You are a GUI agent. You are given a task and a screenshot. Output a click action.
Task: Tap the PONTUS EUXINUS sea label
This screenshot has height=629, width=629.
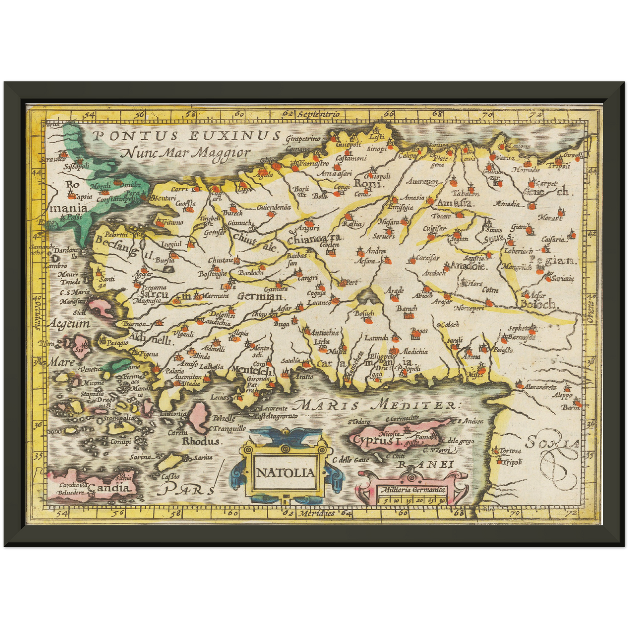tap(186, 136)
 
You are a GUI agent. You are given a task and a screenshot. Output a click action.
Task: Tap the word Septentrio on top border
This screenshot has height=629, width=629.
tap(319, 114)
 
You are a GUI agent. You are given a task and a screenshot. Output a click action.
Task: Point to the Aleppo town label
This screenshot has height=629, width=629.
tap(562, 396)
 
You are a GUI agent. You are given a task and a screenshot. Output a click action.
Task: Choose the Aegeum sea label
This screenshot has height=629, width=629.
tap(70, 324)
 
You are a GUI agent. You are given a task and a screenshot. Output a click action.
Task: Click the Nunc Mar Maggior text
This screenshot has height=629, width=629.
tap(186, 153)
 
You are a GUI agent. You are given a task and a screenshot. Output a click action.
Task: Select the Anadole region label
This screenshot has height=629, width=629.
tap(468, 266)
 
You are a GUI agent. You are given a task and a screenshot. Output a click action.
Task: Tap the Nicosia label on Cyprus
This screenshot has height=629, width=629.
tap(389, 434)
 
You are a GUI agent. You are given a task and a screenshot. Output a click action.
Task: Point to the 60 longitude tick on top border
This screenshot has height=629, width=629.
tap(239, 114)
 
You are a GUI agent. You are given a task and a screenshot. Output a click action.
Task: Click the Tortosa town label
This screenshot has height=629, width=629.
tap(510, 451)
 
